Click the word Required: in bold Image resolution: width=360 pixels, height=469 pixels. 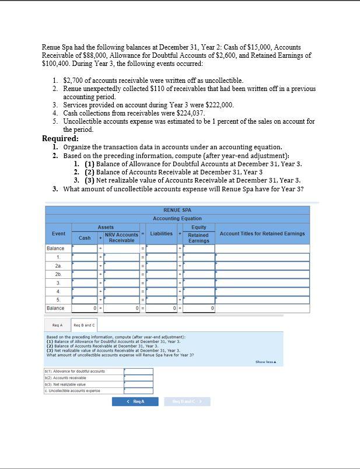(x=60, y=139)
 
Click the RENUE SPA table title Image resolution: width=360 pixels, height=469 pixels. (x=177, y=210)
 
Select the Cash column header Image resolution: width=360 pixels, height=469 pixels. (x=85, y=237)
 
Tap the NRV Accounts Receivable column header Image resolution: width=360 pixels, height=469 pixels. (x=121, y=237)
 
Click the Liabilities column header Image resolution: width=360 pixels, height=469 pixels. (x=161, y=234)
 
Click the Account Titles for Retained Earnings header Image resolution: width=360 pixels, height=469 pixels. (x=262, y=234)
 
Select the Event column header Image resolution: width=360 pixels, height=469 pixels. (x=58, y=234)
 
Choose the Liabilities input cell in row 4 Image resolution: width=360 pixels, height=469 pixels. (x=161, y=290)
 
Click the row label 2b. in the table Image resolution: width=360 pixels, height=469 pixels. (x=58, y=274)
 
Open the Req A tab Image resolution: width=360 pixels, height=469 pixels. (x=57, y=325)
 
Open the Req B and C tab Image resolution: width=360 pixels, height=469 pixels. (x=84, y=325)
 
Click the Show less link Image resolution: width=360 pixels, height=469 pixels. (x=265, y=362)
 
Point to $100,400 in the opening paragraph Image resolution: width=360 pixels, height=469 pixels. (x=55, y=63)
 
